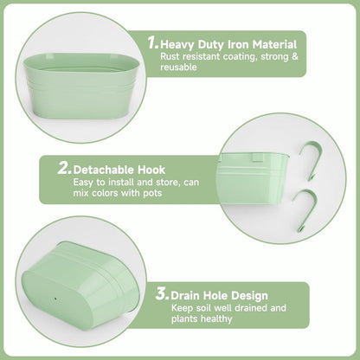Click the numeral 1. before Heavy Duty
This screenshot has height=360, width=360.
(x=153, y=42)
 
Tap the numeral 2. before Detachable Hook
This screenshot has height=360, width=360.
(x=64, y=168)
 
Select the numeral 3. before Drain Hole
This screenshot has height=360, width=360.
(x=162, y=294)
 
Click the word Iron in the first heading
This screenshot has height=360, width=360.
(x=239, y=45)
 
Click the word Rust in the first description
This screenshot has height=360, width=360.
(x=170, y=56)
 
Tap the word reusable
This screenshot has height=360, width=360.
(x=178, y=67)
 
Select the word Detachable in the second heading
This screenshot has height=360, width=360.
(x=104, y=170)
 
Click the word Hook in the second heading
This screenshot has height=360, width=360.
(x=151, y=170)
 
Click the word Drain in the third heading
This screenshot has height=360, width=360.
(x=185, y=296)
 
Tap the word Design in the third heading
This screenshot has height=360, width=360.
(x=250, y=296)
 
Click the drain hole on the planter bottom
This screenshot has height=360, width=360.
(x=55, y=299)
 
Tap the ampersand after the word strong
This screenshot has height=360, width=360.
(x=294, y=56)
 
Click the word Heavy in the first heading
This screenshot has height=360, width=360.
(x=177, y=45)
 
